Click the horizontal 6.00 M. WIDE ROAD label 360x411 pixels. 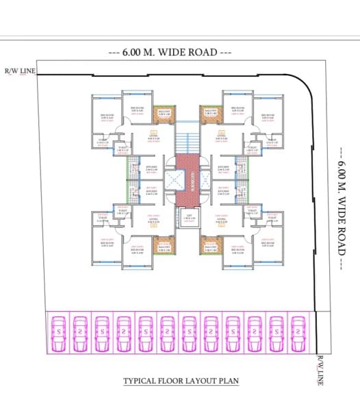[170, 52]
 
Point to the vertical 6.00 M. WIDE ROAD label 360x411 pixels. [342, 210]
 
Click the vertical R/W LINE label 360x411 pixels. [320, 371]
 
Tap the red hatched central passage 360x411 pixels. [187, 180]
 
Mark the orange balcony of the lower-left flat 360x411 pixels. [164, 247]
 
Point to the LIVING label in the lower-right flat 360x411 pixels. [222, 219]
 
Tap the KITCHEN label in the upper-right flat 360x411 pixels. [223, 168]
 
